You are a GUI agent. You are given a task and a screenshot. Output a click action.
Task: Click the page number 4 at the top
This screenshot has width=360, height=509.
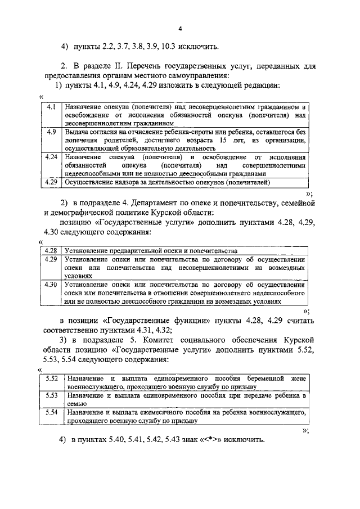(180, 28)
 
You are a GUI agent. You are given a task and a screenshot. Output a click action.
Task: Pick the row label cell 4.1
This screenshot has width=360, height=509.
(51, 107)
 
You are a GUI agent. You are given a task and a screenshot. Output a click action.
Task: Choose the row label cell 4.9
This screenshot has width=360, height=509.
(51, 132)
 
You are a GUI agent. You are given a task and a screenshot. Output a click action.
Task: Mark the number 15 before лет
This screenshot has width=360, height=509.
(223, 139)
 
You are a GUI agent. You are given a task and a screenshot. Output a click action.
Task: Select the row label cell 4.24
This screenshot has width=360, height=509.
(51, 157)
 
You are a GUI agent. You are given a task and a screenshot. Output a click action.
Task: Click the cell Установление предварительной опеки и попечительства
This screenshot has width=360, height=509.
(151, 250)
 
